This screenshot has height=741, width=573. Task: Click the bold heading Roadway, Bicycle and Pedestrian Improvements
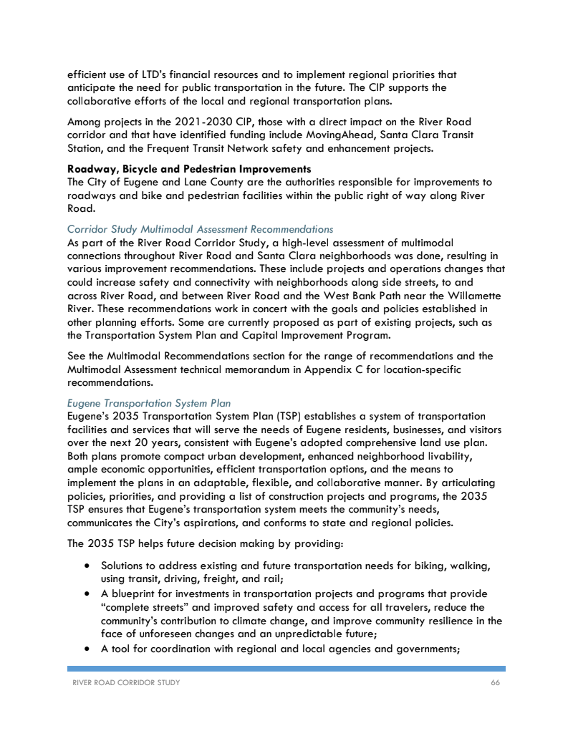[x=189, y=169]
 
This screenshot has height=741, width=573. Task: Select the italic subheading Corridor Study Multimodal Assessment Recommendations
[x=200, y=229]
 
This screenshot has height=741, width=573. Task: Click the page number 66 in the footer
[x=495, y=683]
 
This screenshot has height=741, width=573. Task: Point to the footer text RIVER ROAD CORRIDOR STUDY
[x=124, y=683]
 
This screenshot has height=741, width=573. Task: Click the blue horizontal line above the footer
[x=286, y=669]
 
